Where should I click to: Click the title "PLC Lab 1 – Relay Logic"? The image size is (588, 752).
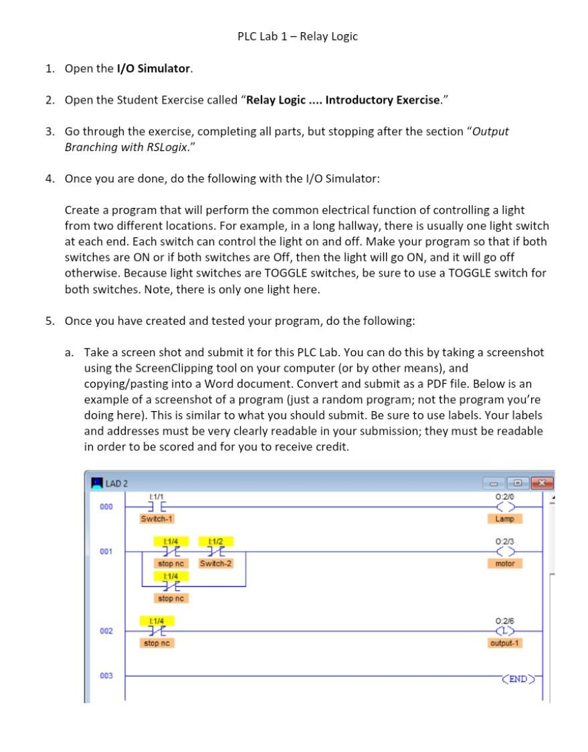tap(298, 37)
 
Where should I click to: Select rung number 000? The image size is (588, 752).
tap(106, 507)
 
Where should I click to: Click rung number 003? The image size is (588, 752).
tap(106, 676)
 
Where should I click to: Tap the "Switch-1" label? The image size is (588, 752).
tap(157, 519)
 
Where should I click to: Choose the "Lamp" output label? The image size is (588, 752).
tap(504, 519)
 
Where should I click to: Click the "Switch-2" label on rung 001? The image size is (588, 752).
tap(215, 563)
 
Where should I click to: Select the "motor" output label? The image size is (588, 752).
tap(504, 563)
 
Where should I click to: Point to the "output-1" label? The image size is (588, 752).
tap(505, 643)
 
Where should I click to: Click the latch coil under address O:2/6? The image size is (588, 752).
tap(504, 631)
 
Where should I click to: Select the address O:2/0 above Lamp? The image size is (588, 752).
tap(504, 496)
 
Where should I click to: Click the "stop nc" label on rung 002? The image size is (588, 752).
tap(158, 643)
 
